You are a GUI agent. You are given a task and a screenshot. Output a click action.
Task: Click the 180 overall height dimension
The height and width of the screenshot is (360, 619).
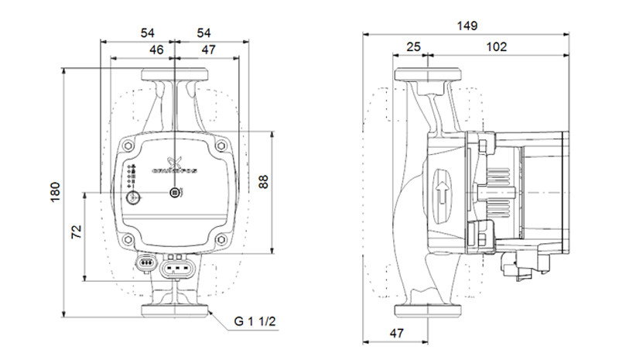click(55, 193)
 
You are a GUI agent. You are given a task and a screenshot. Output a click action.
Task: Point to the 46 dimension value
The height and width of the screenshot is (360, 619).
click(156, 49)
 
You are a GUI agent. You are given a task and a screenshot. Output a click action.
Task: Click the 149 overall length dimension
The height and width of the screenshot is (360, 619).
click(467, 26)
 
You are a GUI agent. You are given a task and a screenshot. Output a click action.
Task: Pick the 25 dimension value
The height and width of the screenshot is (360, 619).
click(413, 47)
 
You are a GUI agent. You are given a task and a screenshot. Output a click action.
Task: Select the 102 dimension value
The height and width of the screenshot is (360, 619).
click(496, 47)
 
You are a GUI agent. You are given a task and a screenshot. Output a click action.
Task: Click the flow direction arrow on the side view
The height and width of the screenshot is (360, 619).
click(442, 194)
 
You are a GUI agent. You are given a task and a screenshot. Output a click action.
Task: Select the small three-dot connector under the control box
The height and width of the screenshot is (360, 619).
click(143, 264)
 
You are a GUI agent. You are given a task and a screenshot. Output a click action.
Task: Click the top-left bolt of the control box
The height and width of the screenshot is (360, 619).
click(128, 145)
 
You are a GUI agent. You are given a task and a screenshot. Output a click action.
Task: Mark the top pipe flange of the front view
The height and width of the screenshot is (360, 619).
click(175, 76)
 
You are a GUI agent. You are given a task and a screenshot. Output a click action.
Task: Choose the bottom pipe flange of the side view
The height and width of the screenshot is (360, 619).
click(428, 311)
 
